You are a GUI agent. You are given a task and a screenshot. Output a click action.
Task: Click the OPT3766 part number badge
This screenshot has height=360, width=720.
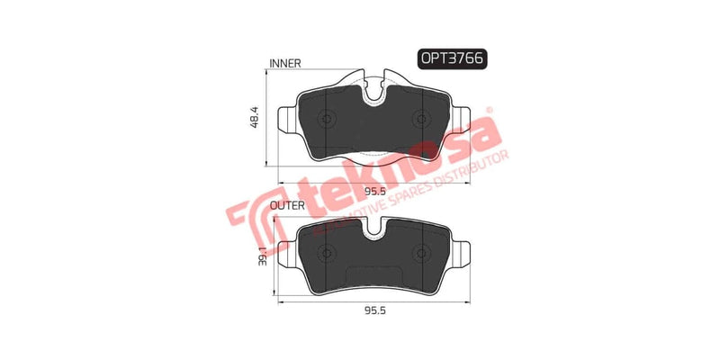(x=450, y=58)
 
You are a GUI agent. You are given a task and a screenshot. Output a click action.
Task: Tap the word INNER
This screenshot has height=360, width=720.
(x=284, y=64)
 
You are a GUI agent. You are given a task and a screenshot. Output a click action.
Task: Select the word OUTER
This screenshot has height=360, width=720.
(x=287, y=205)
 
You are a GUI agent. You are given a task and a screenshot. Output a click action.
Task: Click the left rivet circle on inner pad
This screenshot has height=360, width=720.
(x=328, y=120)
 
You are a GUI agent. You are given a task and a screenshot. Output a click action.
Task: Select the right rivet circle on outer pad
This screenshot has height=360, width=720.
(x=421, y=251)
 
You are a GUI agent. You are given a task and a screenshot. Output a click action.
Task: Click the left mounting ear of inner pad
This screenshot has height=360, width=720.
(x=287, y=121)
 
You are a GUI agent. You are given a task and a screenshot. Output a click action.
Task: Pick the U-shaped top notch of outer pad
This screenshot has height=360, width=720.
(x=374, y=229)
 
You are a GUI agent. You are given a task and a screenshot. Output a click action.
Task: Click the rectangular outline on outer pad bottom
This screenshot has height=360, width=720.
(x=370, y=273)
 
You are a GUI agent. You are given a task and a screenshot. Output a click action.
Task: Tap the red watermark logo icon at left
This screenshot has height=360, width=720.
(x=245, y=215)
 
